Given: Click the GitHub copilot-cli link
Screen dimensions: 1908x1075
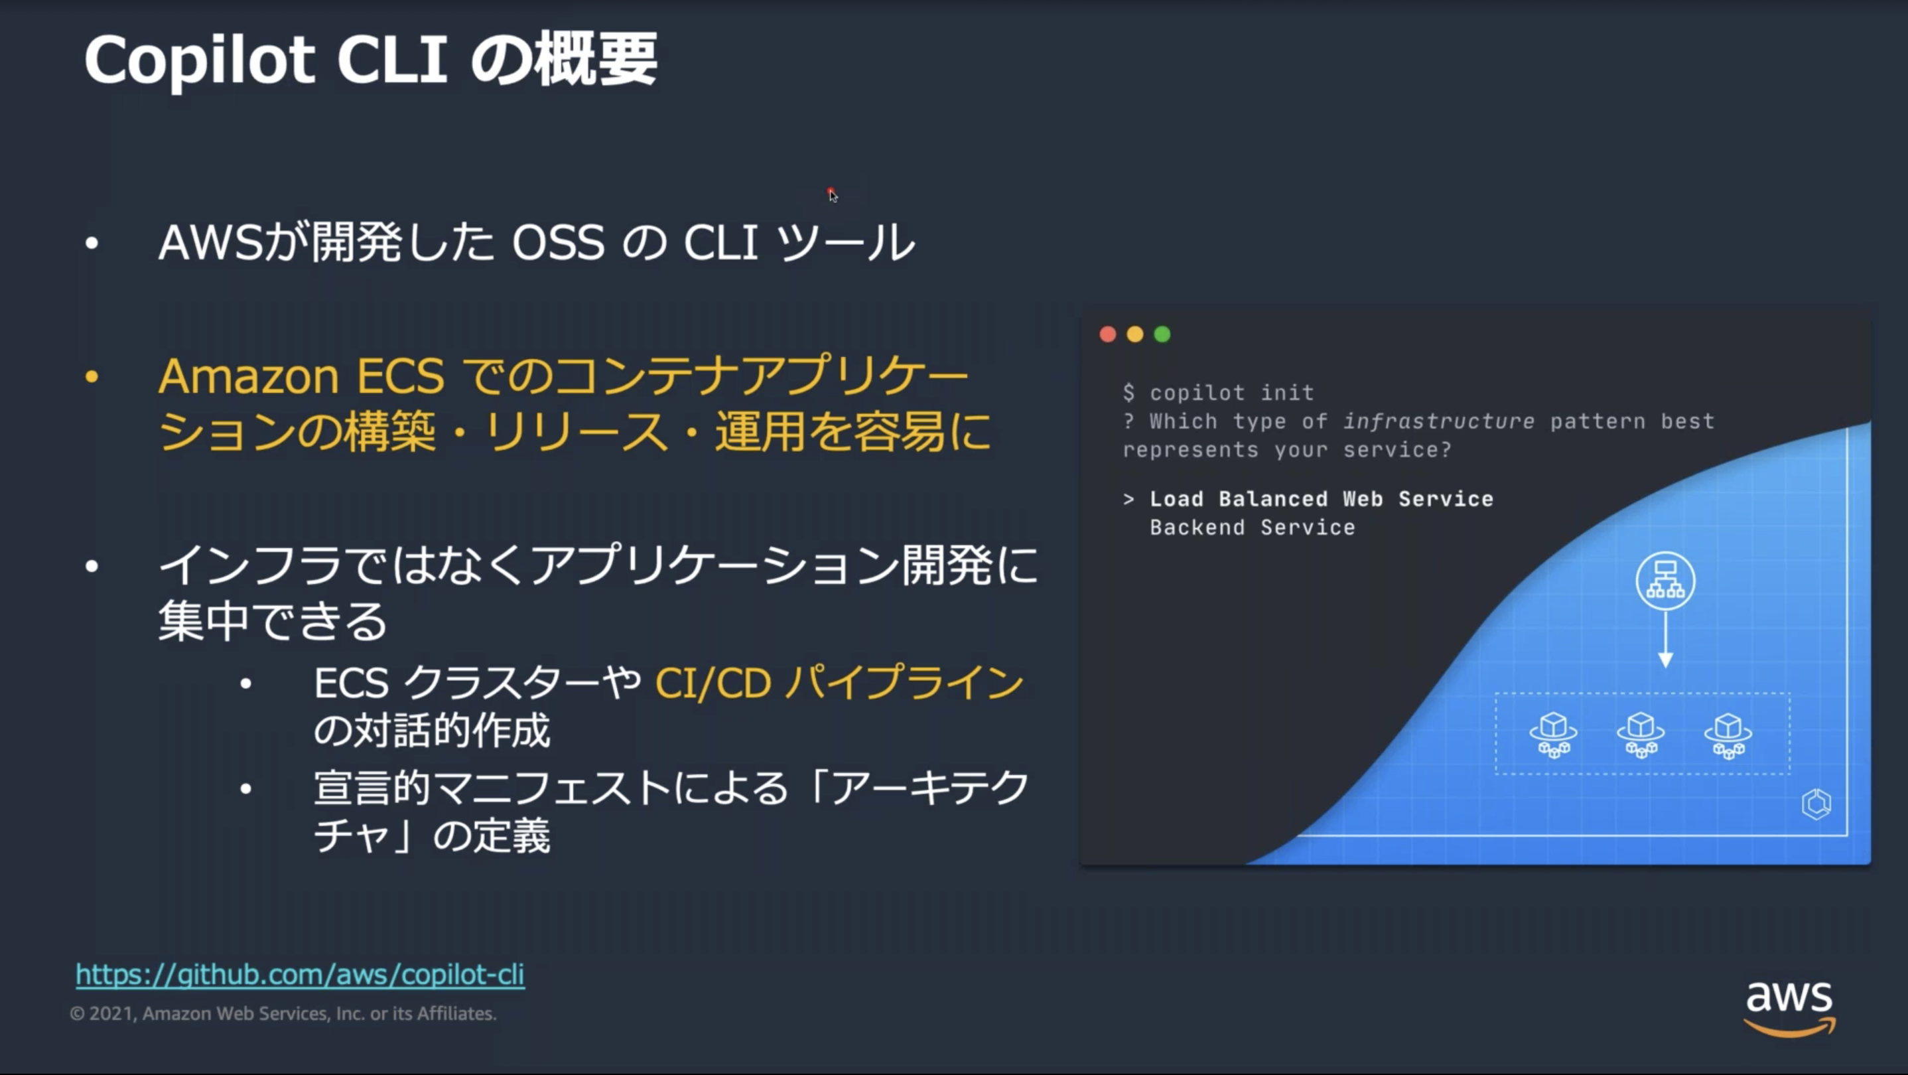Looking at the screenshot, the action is tap(300, 974).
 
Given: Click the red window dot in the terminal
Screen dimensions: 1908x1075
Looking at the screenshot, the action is tap(1108, 334).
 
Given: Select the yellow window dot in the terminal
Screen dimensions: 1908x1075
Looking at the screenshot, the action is tap(1134, 334).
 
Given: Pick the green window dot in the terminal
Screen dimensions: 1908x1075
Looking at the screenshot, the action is tap(1162, 334).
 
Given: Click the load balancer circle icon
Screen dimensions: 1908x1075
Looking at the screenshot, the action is tap(1665, 581).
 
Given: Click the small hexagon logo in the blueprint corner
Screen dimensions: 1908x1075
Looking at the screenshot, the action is tap(1816, 804).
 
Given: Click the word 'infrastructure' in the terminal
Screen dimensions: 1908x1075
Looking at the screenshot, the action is tap(1438, 421).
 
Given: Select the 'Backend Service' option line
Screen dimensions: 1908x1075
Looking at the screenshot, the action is tap(1253, 528).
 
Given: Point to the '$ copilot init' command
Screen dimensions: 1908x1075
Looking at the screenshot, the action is tap(1219, 393).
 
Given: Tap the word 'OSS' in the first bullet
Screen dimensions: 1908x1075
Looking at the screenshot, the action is tap(559, 243).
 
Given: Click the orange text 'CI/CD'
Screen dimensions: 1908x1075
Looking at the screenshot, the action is tap(713, 683).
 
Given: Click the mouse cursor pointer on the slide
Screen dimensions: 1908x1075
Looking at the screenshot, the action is tap(833, 195).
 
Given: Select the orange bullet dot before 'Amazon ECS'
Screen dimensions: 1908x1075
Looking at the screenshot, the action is tap(92, 377).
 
